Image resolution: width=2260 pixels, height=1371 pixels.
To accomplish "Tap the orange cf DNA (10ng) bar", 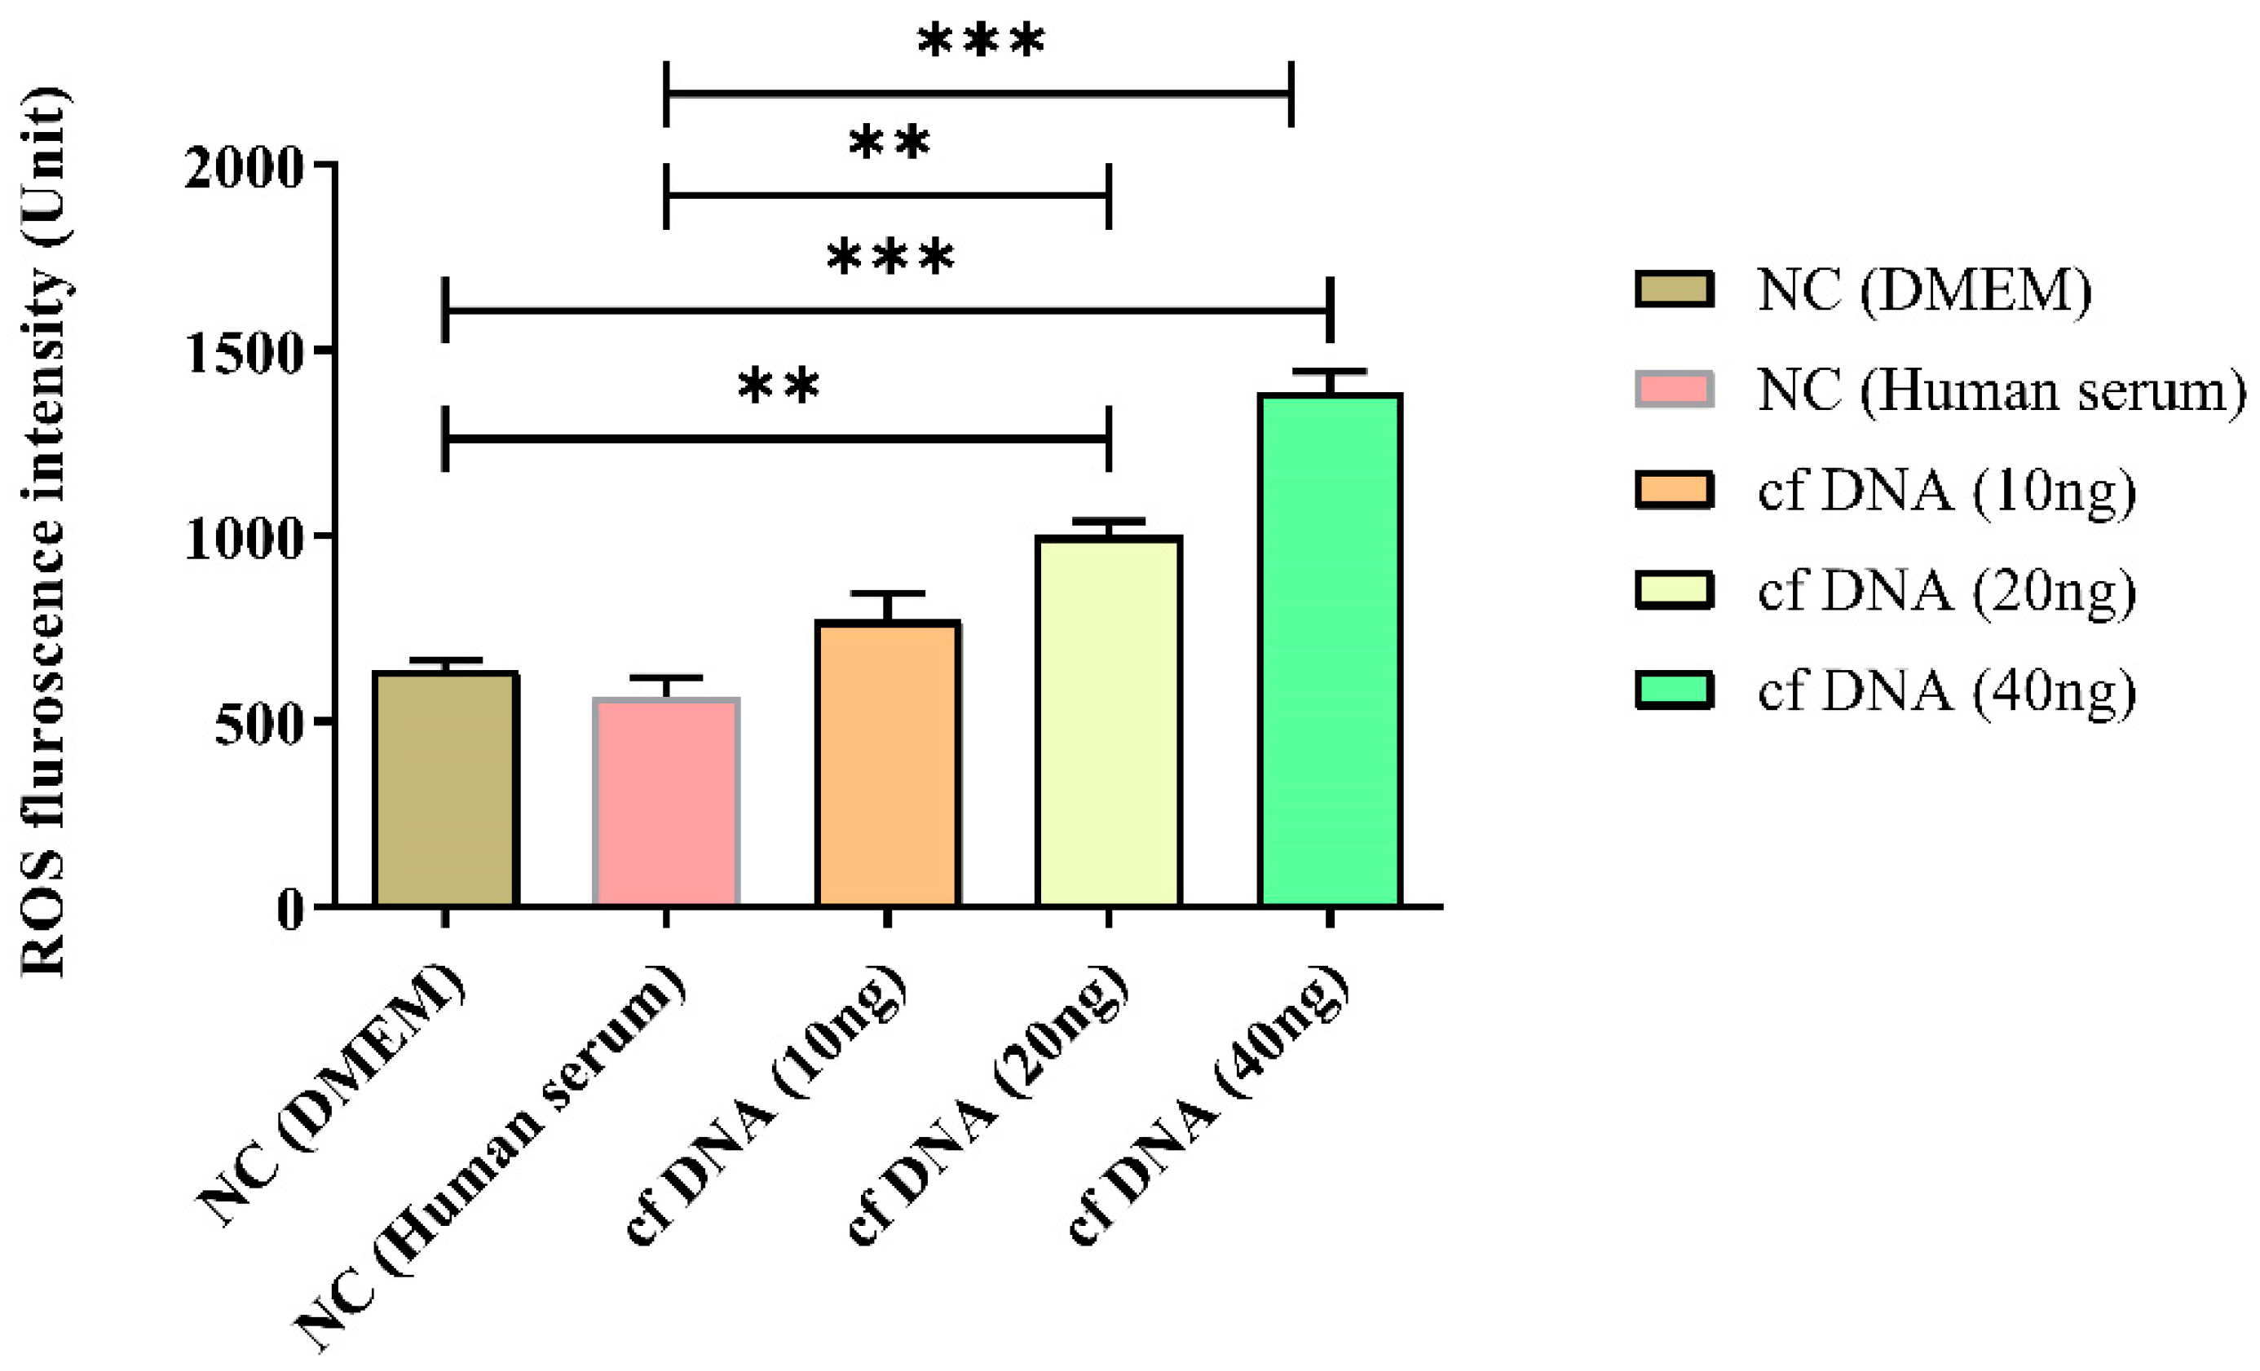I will (x=888, y=765).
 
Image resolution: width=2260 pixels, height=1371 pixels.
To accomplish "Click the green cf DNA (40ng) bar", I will (x=1330, y=651).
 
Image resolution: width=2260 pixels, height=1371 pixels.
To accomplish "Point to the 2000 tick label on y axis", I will (x=243, y=167).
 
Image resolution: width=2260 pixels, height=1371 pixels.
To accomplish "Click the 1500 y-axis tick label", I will (x=243, y=353).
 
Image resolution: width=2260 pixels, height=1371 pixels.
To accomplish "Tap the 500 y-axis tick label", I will (x=258, y=725).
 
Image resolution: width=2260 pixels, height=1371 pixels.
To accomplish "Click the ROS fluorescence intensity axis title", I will (x=43, y=532).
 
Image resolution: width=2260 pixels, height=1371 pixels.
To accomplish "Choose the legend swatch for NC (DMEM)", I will (x=1674, y=289).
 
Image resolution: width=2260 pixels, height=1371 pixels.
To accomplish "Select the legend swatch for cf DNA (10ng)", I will (x=1674, y=490).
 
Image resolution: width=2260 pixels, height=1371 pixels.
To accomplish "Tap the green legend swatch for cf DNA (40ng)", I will (x=1674, y=690).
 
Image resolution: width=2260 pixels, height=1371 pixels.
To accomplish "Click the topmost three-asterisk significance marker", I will (x=981, y=42).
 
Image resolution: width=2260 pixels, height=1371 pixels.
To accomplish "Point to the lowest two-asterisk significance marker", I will (x=778, y=386).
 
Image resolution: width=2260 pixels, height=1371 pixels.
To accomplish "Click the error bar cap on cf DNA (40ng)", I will (x=1330, y=372).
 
